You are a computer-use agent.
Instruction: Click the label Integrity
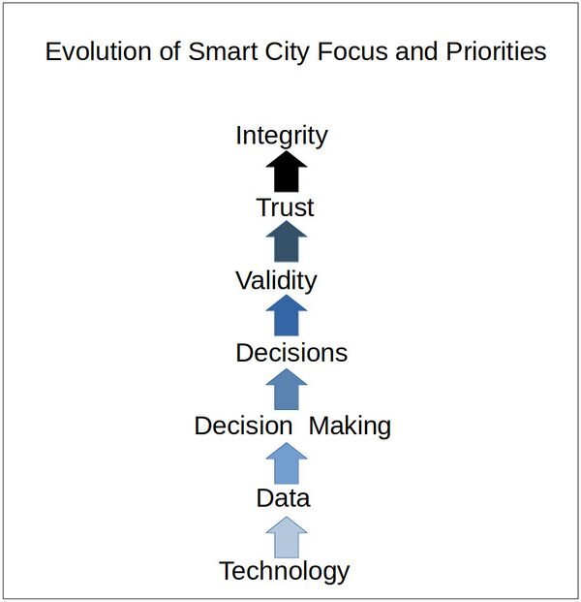[x=282, y=136]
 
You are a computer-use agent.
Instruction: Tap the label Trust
[x=286, y=207]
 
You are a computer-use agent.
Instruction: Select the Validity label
[x=276, y=280]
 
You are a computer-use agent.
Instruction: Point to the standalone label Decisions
[x=291, y=353]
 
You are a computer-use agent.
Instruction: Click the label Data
[x=283, y=498]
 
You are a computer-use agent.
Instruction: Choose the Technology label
[x=284, y=571]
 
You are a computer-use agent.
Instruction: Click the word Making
[x=350, y=426]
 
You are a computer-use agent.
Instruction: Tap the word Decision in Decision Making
[x=243, y=426]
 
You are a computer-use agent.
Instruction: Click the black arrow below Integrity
[x=286, y=172]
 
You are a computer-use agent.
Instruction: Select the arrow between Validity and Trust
[x=286, y=243]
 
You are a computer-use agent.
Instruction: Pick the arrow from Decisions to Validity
[x=286, y=317]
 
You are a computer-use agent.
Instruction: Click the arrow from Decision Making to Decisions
[x=286, y=390]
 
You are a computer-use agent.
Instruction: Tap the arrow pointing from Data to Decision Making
[x=286, y=462]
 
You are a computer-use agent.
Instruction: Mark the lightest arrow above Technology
[x=286, y=536]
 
